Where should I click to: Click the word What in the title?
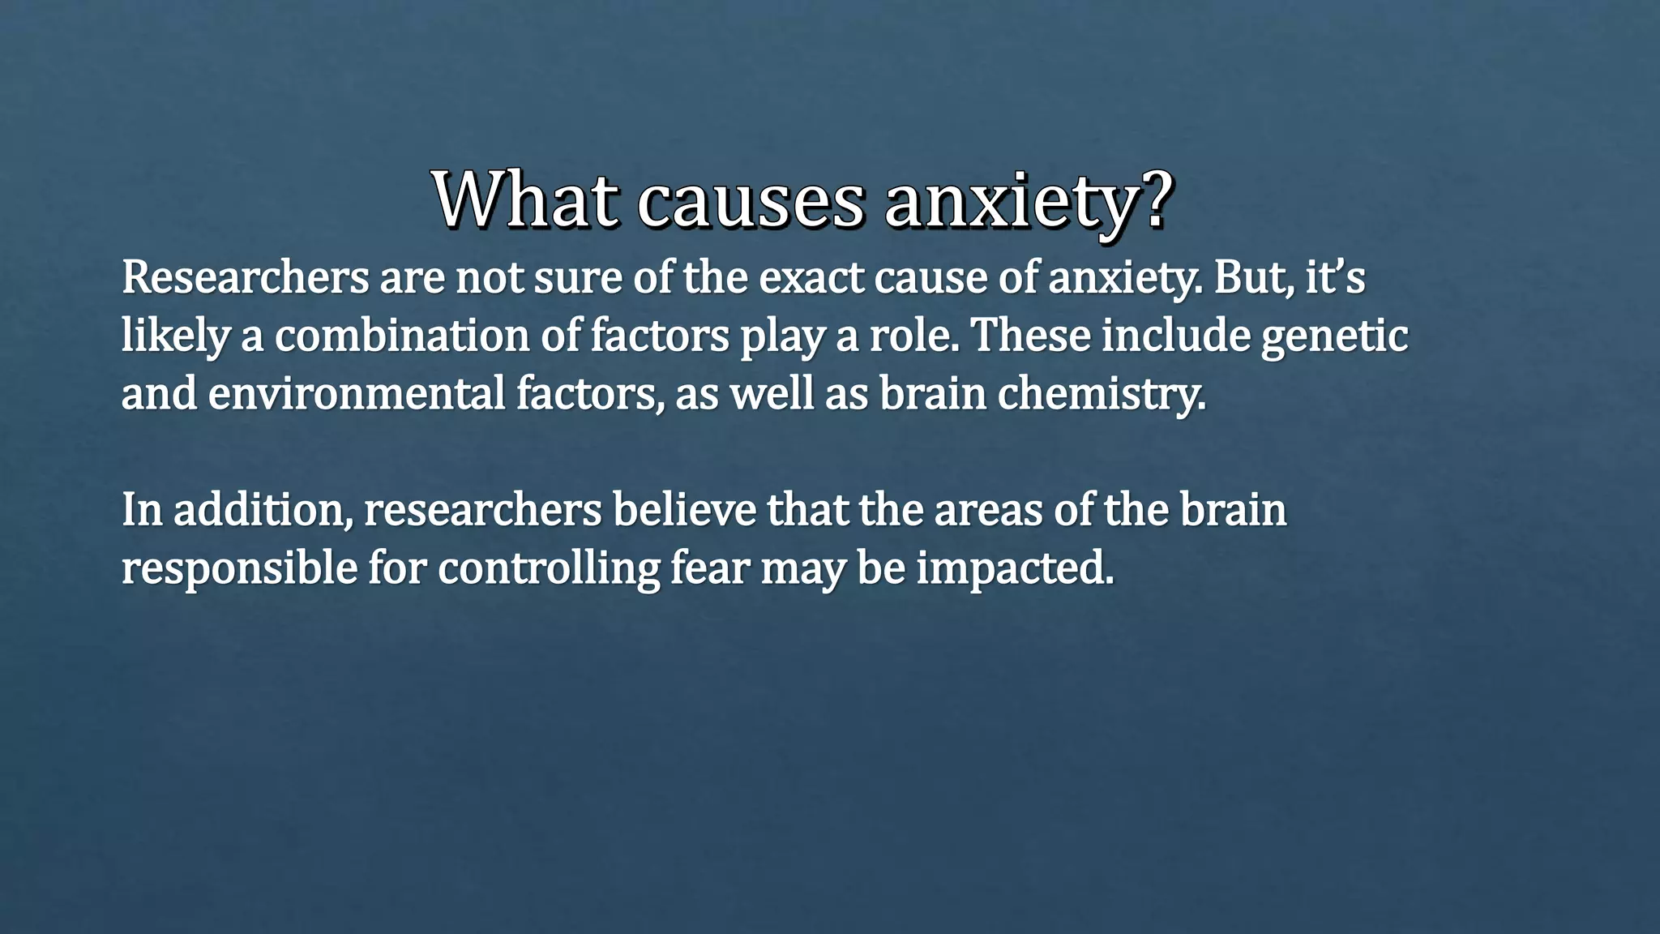point(523,199)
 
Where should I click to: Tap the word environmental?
point(357,394)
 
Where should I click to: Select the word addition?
point(263,511)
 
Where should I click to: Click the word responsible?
point(239,569)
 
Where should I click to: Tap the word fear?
point(709,568)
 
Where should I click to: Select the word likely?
point(175,337)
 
